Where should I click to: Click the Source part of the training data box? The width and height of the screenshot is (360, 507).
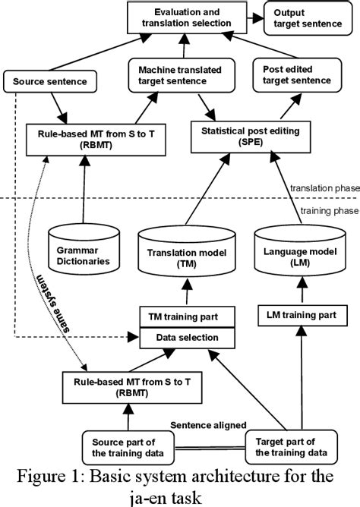119,445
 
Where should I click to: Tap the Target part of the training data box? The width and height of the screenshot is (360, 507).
290,445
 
